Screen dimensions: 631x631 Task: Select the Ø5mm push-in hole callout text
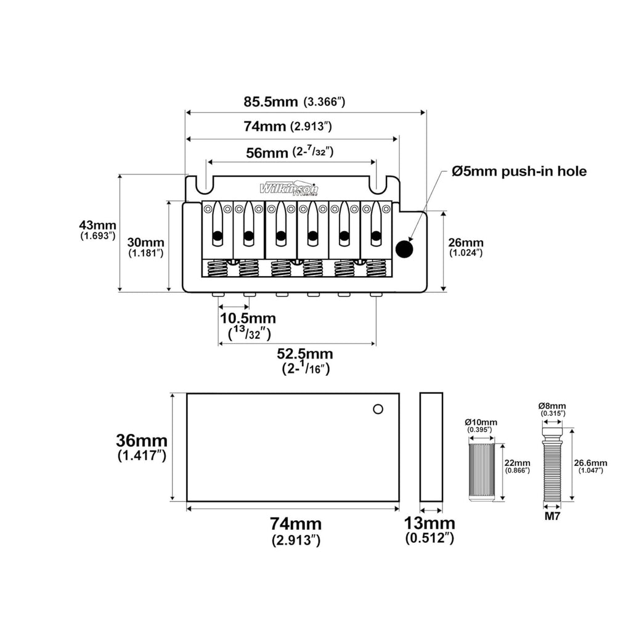coord(519,171)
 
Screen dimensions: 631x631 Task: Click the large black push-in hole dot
coord(404,249)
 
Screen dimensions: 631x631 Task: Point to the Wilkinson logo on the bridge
coord(289,189)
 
